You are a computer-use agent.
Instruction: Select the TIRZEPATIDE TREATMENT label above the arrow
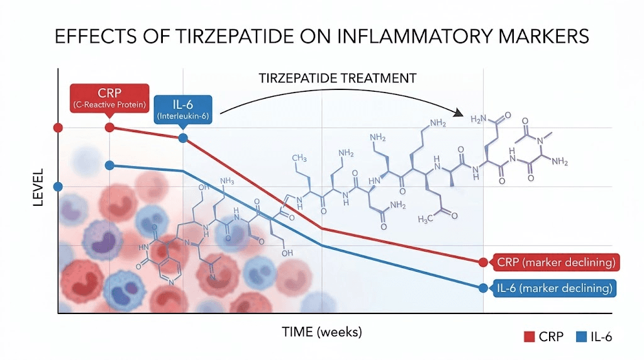tap(338, 78)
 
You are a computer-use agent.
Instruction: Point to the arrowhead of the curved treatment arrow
tap(464, 114)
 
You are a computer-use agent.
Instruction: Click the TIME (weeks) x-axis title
tap(321, 331)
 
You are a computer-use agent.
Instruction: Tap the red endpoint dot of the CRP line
tap(483, 262)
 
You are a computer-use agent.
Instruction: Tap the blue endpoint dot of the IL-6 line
tap(483, 288)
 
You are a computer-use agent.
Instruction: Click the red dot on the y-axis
tap(58, 128)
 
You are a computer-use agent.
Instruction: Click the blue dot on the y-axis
tap(58, 186)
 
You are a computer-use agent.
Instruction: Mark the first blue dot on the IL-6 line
tap(109, 166)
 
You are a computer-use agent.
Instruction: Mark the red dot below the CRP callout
tap(109, 128)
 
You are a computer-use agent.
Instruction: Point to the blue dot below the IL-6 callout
tap(183, 138)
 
